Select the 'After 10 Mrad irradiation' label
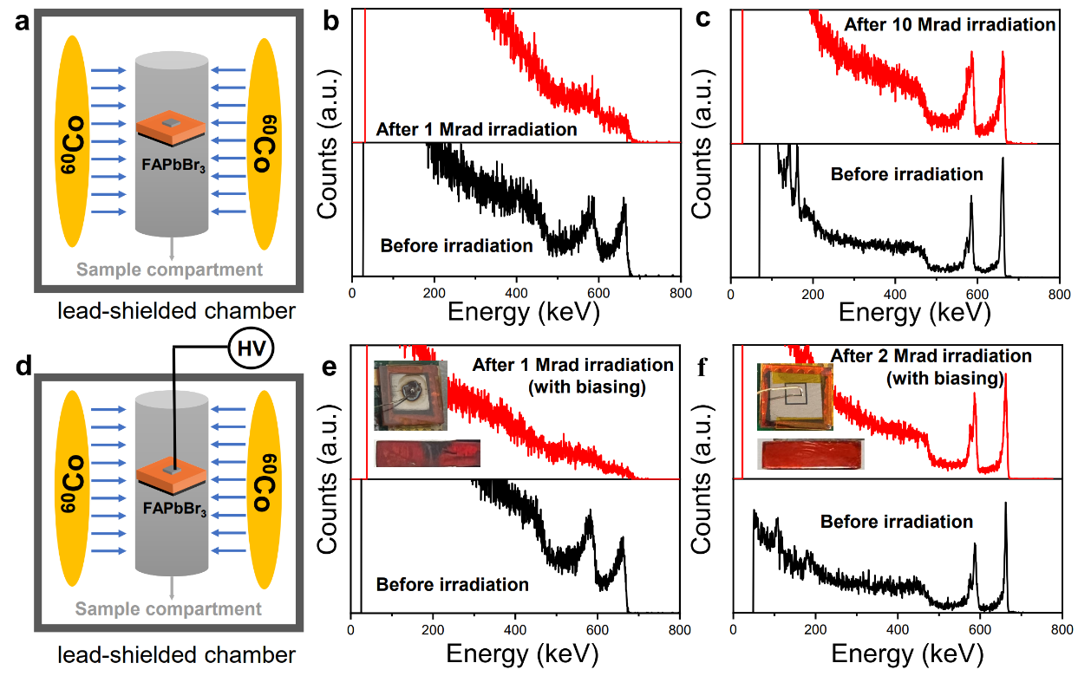click(x=949, y=24)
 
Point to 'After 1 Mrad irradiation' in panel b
click(x=476, y=129)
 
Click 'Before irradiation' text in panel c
click(x=906, y=174)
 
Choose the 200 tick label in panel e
click(x=433, y=631)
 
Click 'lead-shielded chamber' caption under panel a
click(x=170, y=309)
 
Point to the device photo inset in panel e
click(x=410, y=396)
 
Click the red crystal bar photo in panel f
click(x=811, y=454)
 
